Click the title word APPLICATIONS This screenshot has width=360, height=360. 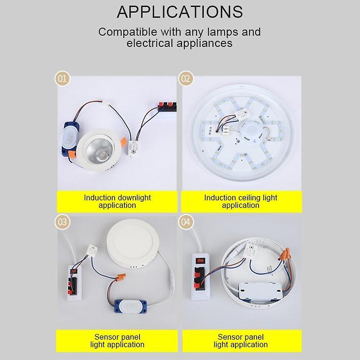(180, 12)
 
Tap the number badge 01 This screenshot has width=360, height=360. (63, 78)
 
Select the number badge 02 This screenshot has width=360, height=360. (186, 78)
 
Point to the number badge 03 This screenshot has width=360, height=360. (63, 222)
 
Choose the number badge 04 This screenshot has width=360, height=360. (186, 222)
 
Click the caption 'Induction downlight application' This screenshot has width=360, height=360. (117, 201)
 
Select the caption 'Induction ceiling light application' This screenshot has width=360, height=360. (241, 201)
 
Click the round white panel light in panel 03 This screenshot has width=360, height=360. (132, 245)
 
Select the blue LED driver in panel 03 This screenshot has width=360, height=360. (131, 304)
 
